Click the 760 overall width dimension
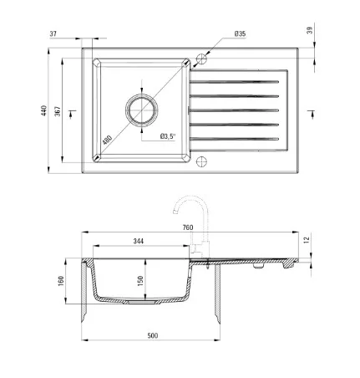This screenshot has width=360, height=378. click(188, 227)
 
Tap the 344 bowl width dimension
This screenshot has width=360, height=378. click(139, 241)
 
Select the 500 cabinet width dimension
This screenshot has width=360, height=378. click(153, 335)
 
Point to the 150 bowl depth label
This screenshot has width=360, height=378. click(140, 281)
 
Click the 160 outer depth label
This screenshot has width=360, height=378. click(61, 281)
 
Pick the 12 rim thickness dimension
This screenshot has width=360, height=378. click(307, 240)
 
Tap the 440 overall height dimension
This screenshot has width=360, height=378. click(43, 110)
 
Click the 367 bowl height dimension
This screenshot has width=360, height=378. click(57, 111)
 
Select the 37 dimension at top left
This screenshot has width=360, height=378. click(53, 33)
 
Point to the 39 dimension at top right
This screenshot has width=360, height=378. click(310, 30)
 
